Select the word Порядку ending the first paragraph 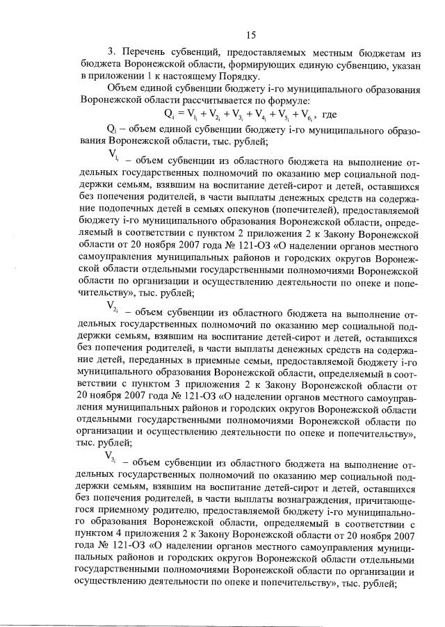tap(238, 76)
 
